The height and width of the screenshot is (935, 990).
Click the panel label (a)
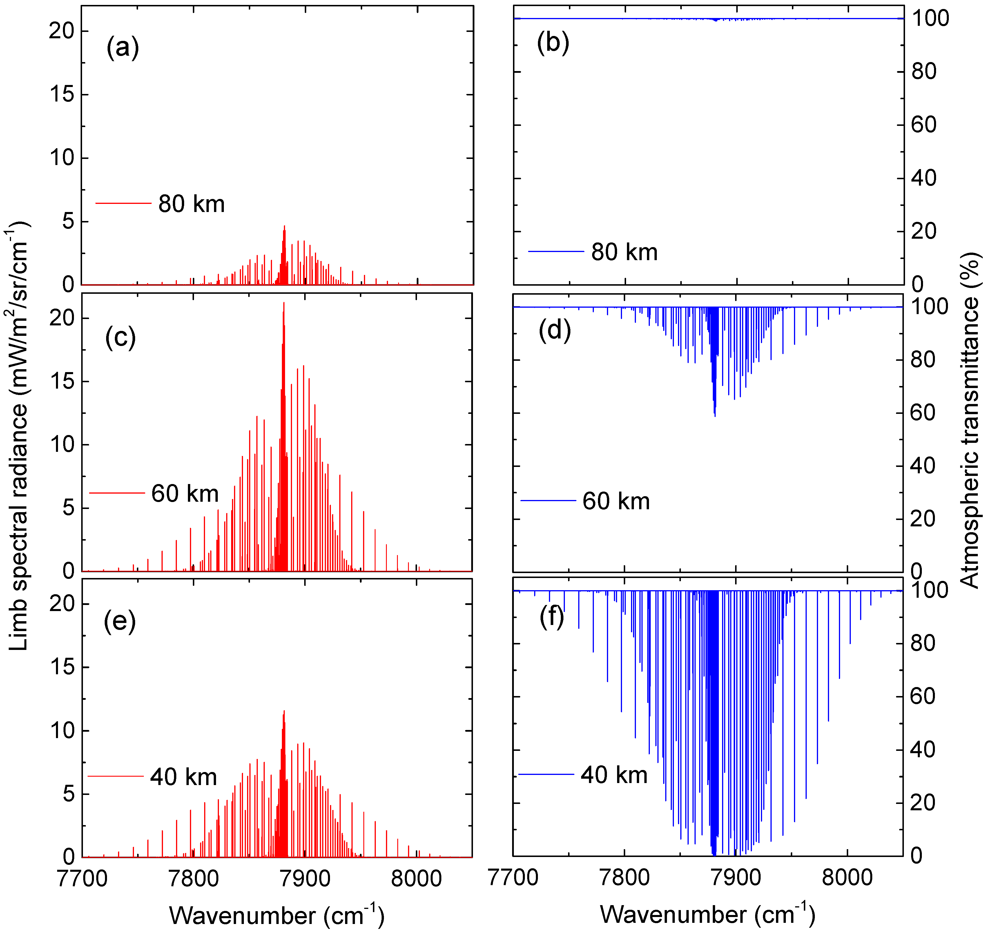(123, 48)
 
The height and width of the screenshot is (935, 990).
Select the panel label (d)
(554, 330)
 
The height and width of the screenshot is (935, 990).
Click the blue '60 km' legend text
(616, 501)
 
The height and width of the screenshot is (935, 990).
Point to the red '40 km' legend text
(183, 778)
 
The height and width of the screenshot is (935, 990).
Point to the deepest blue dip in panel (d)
(715, 415)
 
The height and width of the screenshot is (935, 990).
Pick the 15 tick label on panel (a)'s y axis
(62, 95)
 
